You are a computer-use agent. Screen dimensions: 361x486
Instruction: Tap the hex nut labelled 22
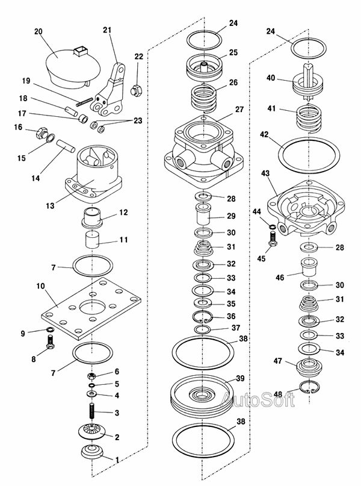(x=136, y=90)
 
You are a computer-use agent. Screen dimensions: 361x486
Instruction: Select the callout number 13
(x=50, y=205)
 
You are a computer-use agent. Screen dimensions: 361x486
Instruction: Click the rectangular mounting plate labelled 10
(x=91, y=308)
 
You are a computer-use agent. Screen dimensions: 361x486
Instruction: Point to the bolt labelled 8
(x=51, y=342)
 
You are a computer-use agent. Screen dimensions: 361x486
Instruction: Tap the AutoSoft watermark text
(x=258, y=399)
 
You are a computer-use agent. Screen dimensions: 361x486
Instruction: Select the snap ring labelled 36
(x=202, y=317)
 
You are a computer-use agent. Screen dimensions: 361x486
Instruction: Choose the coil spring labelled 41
(x=309, y=119)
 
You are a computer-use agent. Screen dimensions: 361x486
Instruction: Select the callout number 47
(x=278, y=361)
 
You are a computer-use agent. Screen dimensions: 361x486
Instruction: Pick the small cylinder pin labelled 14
(x=66, y=146)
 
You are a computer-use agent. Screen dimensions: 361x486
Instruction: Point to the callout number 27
(x=239, y=110)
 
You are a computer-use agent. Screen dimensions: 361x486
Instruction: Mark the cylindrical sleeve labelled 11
(x=92, y=239)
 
